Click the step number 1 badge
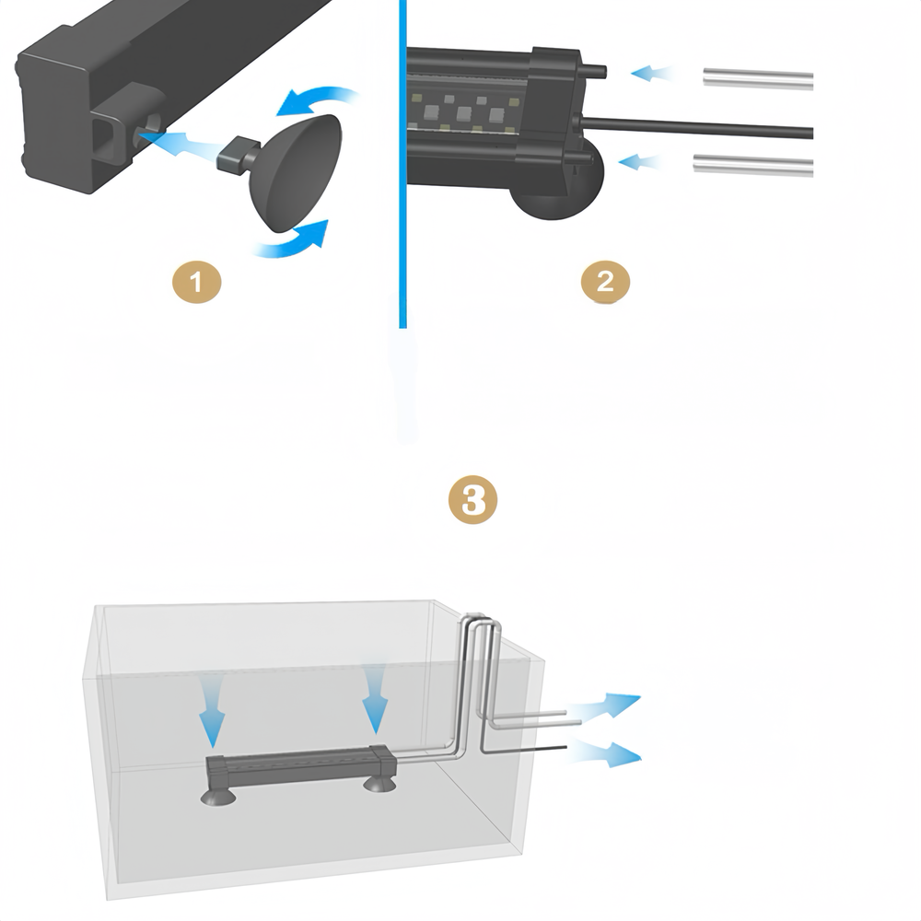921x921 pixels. [x=197, y=283]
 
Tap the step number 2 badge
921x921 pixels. [x=606, y=282]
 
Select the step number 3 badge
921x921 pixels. [x=472, y=500]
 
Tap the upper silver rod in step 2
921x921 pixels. [x=758, y=78]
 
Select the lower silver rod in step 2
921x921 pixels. [x=753, y=165]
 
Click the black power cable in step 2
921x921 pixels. [x=696, y=126]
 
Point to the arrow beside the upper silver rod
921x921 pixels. [x=652, y=74]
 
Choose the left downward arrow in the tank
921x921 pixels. [x=212, y=711]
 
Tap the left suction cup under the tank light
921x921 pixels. [x=218, y=796]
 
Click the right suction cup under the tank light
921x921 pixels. [x=379, y=784]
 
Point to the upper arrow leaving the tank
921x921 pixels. [x=605, y=706]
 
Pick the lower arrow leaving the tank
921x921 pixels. [x=605, y=753]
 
